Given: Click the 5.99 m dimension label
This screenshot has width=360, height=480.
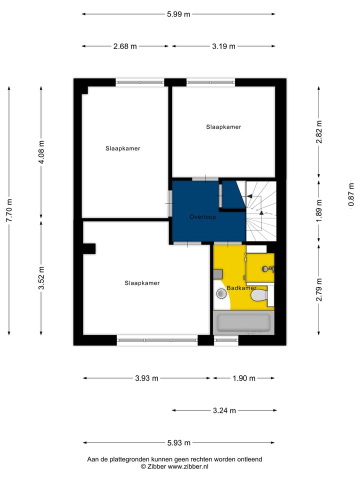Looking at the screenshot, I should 178,14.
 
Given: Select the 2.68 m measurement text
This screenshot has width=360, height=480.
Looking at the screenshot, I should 125,46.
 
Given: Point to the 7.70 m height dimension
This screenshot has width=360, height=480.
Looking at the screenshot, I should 9,210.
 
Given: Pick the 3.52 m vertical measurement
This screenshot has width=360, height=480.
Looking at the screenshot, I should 41,277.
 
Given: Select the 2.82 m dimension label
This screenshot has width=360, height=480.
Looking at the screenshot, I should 319,132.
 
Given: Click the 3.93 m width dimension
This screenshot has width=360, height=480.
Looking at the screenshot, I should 146,378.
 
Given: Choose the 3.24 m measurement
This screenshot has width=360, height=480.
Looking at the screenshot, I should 224,410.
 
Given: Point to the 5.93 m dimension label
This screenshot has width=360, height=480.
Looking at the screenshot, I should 178,442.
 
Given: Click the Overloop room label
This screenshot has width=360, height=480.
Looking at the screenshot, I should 202,217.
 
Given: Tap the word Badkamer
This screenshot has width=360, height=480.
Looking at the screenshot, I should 241,288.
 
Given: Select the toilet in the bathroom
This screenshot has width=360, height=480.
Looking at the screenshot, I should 259,297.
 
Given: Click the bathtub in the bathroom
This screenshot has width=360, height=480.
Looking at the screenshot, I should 242,322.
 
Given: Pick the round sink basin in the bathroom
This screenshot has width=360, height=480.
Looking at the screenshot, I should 221,294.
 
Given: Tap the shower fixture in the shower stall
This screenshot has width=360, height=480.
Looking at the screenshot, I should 266,269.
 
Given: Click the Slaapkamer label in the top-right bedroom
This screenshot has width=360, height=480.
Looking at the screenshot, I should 223,127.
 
